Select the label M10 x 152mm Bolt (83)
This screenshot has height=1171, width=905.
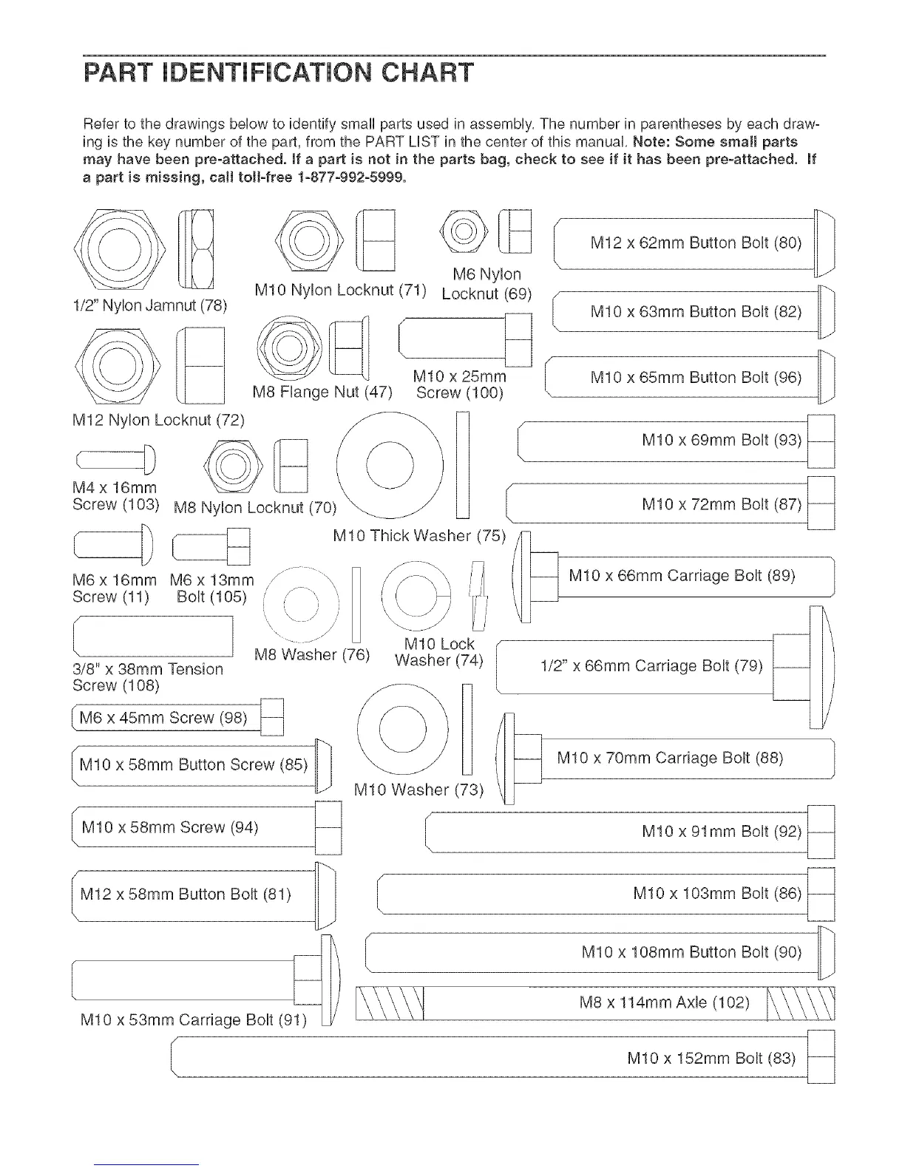[711, 1058]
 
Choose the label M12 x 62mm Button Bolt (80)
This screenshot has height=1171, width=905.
[696, 243]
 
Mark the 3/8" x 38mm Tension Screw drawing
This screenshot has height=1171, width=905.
[153, 636]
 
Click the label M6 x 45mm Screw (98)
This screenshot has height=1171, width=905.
[163, 718]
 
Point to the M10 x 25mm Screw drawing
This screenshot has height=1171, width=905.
[465, 341]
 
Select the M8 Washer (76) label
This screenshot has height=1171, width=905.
[311, 655]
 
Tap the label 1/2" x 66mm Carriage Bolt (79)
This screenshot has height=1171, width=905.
[651, 665]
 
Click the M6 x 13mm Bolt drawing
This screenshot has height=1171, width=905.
[211, 548]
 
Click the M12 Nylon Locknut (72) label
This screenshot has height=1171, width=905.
[158, 421]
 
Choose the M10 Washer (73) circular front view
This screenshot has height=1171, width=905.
[402, 730]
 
